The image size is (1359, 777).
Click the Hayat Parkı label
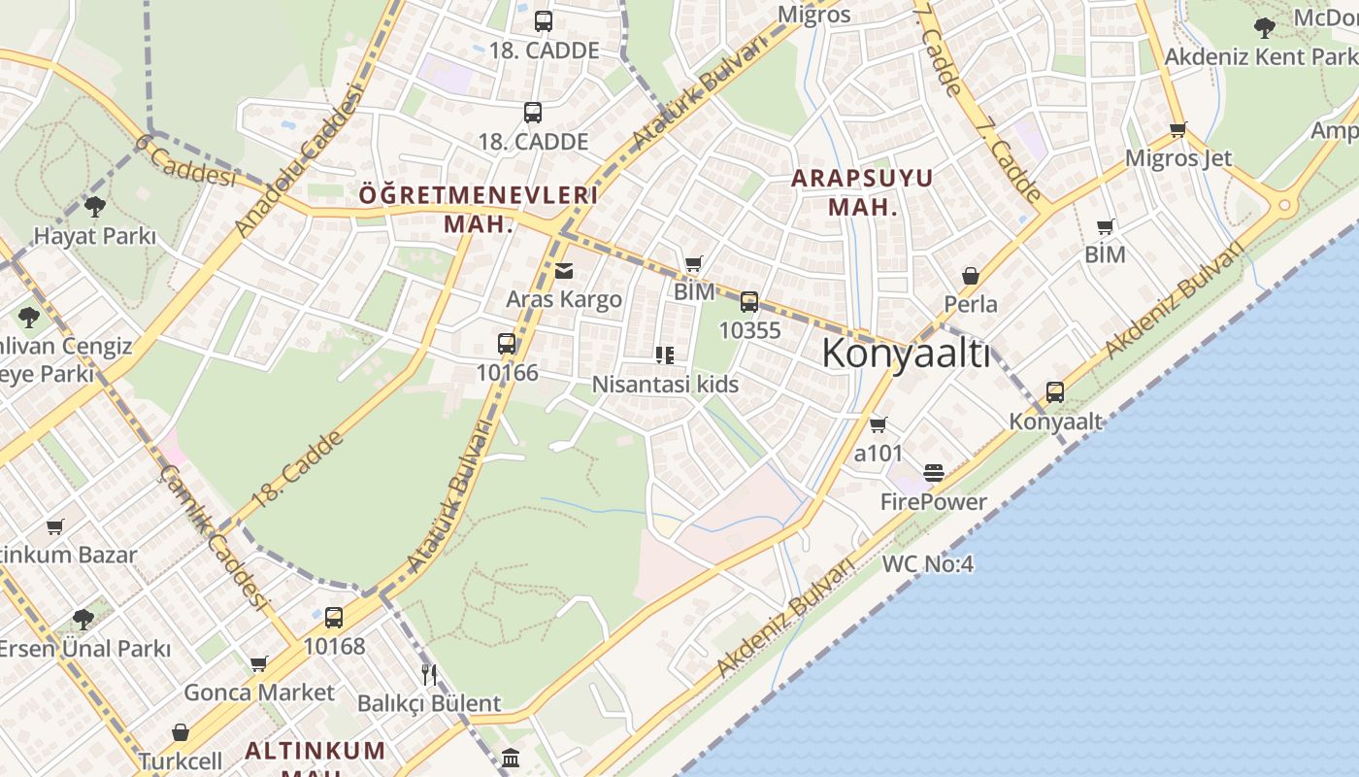pyautogui.click(x=95, y=236)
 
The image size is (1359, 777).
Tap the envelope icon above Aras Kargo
pyautogui.click(x=564, y=271)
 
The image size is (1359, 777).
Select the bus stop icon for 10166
pyautogui.click(x=507, y=344)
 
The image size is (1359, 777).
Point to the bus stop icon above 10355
pyautogui.click(x=749, y=302)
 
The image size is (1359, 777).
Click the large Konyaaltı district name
pyautogui.click(x=906, y=355)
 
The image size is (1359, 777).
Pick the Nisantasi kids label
pyautogui.click(x=665, y=385)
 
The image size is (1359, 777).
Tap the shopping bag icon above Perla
pyautogui.click(x=970, y=277)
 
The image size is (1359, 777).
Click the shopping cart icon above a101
pyautogui.click(x=878, y=424)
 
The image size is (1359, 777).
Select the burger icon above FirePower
pyautogui.click(x=934, y=474)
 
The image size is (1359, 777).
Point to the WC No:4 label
pyautogui.click(x=927, y=564)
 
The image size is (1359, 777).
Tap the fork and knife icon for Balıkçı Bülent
pyautogui.click(x=429, y=674)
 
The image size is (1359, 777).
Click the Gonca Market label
pyautogui.click(x=259, y=693)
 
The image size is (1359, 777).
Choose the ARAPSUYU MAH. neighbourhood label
pyautogui.click(x=861, y=192)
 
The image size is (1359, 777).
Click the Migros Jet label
pyautogui.click(x=1177, y=158)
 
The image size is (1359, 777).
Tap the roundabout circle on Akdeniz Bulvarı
pyautogui.click(x=1284, y=206)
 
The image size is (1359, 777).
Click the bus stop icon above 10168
pyautogui.click(x=334, y=618)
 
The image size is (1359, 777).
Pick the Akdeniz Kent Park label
pyautogui.click(x=1260, y=56)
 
